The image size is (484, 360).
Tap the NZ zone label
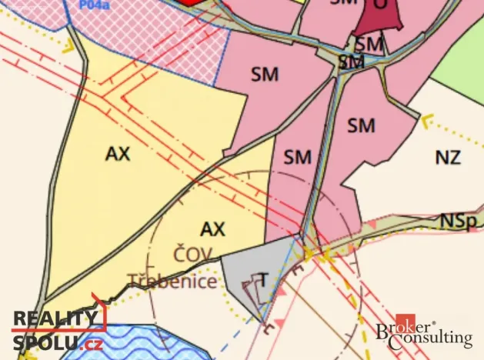(x=447, y=158)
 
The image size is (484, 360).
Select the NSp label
(x=457, y=221)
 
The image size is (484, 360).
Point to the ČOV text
(x=192, y=255)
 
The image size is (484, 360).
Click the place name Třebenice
(x=172, y=282)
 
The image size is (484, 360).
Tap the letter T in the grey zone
(x=262, y=279)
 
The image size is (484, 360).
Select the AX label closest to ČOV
(x=212, y=228)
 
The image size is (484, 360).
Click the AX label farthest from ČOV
(x=118, y=154)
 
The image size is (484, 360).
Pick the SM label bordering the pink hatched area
(x=264, y=74)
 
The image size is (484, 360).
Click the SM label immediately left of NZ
(x=360, y=125)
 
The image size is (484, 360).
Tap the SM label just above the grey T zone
(x=298, y=158)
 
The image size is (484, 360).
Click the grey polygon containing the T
(x=246, y=269)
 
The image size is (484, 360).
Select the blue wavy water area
(x=131, y=344)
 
